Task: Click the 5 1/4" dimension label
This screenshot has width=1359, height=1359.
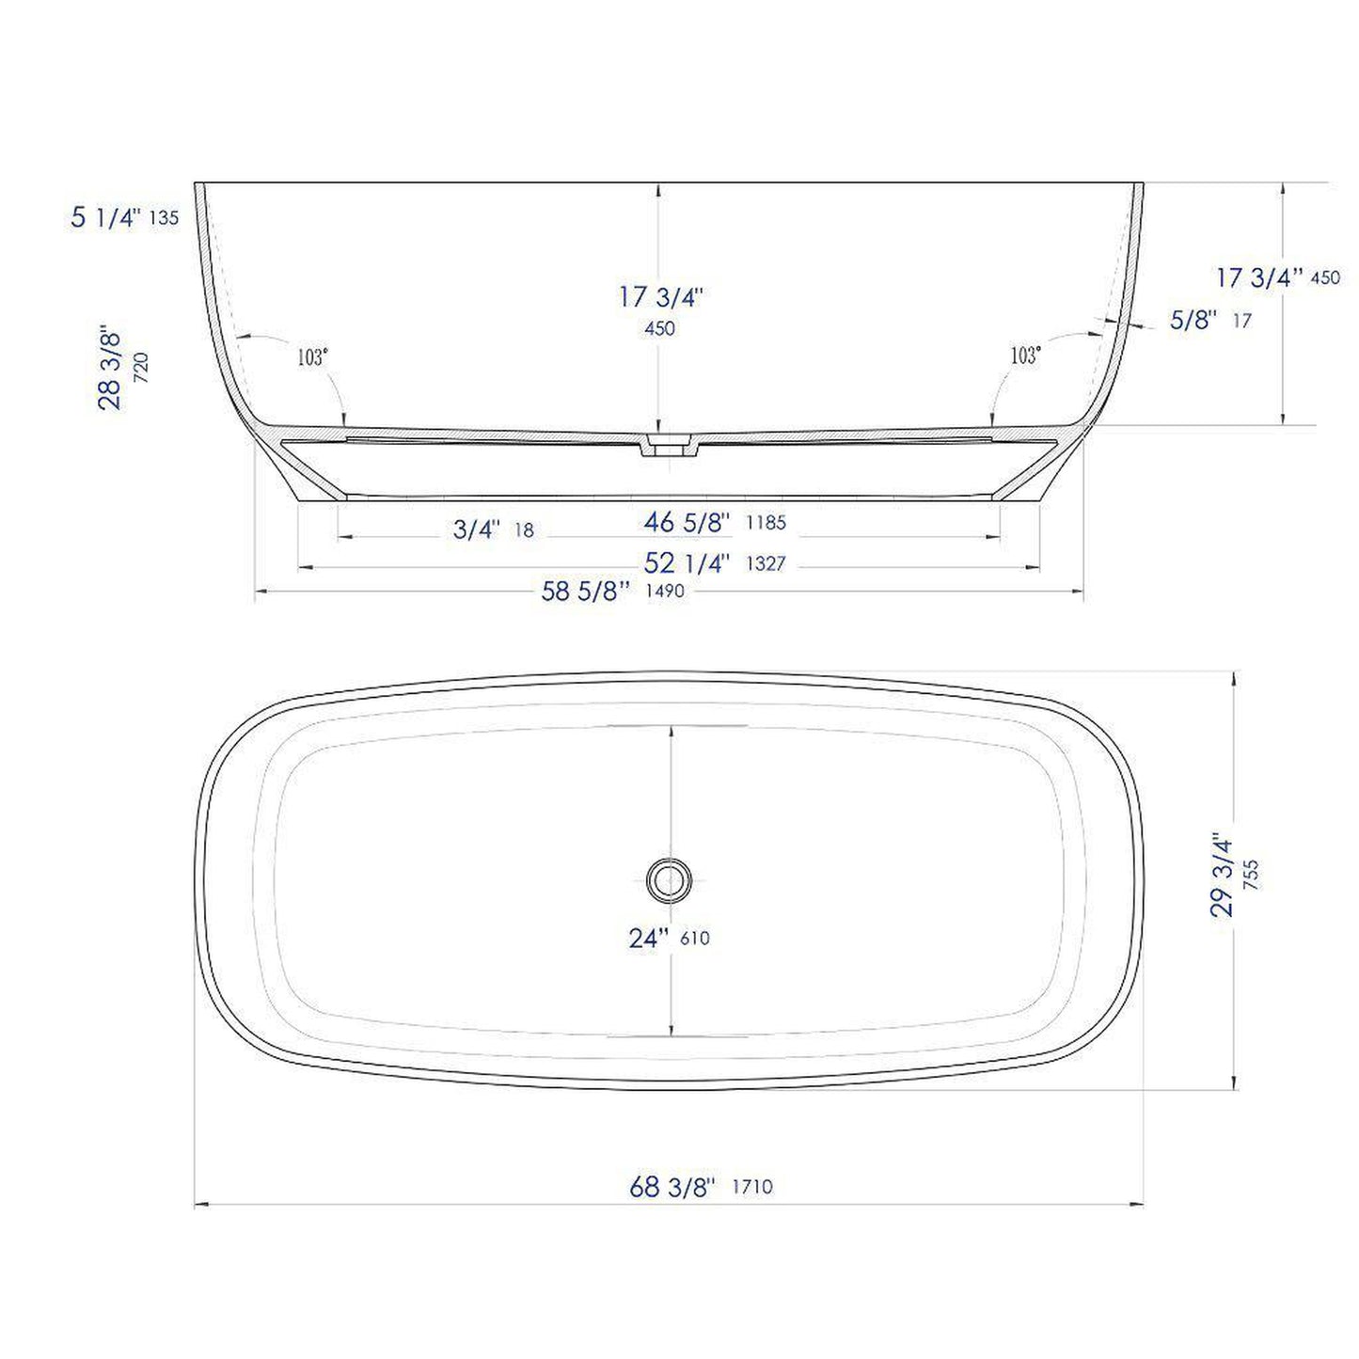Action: pyautogui.click(x=105, y=217)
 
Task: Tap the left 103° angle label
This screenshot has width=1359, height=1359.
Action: pyautogui.click(x=312, y=357)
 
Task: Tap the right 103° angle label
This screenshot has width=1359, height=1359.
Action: pyautogui.click(x=1025, y=356)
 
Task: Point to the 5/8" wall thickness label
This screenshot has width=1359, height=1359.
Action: pyautogui.click(x=1193, y=321)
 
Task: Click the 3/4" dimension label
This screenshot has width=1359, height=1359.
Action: pyautogui.click(x=477, y=529)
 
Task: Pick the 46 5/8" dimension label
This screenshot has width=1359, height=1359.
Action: pyautogui.click(x=687, y=522)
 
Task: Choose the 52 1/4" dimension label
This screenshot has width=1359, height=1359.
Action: pyautogui.click(x=687, y=563)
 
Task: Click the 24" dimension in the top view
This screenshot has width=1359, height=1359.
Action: pyautogui.click(x=649, y=938)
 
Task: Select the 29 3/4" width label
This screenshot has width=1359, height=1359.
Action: pyautogui.click(x=1221, y=874)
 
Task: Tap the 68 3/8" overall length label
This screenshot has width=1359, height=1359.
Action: pyautogui.click(x=672, y=1187)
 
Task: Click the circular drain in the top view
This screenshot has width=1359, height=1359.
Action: pyautogui.click(x=669, y=880)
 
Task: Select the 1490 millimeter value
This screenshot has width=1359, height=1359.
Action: pyautogui.click(x=664, y=592)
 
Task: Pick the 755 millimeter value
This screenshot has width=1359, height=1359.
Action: pyautogui.click(x=1250, y=875)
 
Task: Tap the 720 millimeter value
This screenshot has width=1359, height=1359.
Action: pyautogui.click(x=141, y=367)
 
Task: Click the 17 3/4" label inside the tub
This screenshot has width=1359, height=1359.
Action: pyautogui.click(x=660, y=297)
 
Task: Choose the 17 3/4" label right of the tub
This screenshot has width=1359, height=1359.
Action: pyautogui.click(x=1258, y=277)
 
